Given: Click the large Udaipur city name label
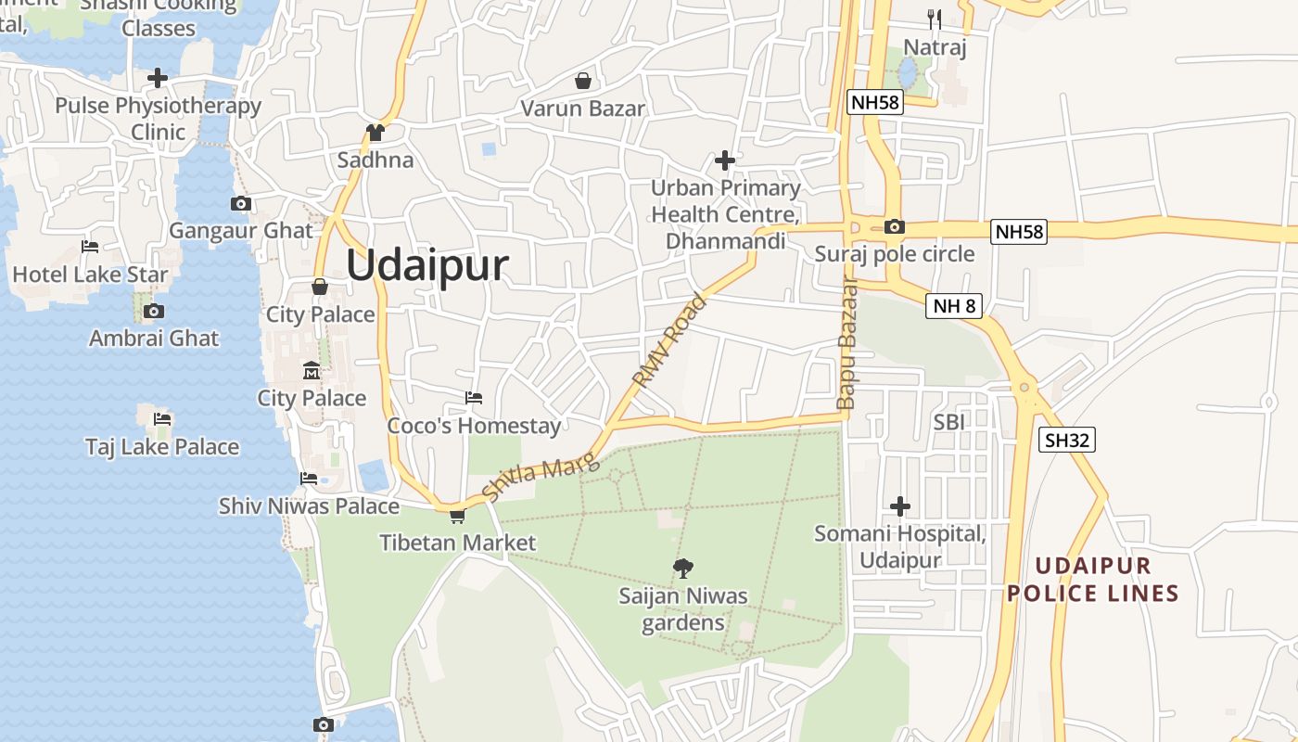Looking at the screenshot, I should tap(427, 265).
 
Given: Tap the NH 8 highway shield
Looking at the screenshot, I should tap(953, 305).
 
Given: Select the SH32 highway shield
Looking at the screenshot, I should tap(1066, 440).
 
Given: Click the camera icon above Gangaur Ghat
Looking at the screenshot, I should tap(241, 203).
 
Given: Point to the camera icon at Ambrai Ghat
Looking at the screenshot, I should tap(154, 311).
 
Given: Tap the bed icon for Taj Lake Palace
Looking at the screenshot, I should tap(162, 418).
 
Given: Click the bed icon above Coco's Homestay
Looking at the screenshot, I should tap(474, 398).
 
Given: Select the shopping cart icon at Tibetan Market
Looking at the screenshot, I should tap(457, 516).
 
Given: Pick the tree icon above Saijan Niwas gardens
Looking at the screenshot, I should tap(683, 567).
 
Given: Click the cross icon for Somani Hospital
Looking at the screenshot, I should tap(899, 506).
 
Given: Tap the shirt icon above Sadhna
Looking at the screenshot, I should tap(375, 133).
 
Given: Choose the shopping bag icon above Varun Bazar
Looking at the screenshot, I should tap(582, 81).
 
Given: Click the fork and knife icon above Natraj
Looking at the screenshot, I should tap(935, 19).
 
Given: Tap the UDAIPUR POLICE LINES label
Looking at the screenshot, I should tap(1092, 580).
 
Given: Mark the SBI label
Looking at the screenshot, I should tap(949, 422).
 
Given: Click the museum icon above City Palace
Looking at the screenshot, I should tap(312, 371).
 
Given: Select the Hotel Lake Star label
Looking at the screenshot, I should tap(90, 275).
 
